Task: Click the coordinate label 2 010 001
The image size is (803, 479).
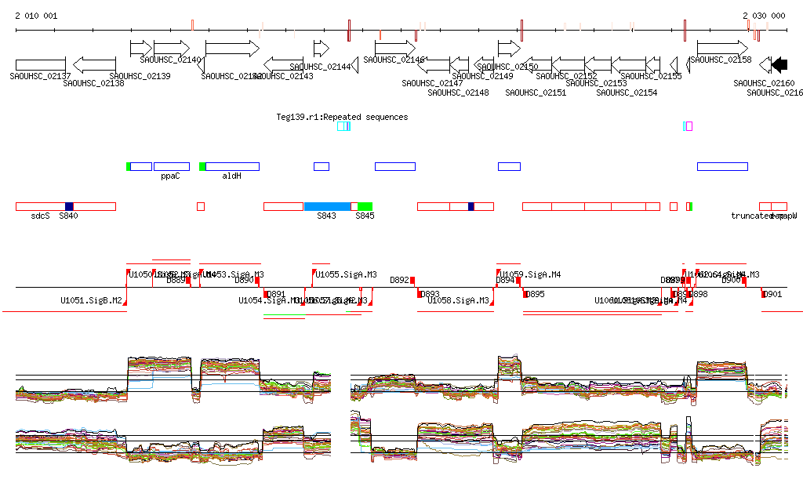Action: coord(36,16)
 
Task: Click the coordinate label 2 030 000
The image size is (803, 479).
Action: coord(764,16)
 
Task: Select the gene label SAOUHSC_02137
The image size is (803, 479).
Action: coord(40,76)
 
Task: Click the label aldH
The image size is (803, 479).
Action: coord(231,176)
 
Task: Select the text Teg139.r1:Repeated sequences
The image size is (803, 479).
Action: coord(342,117)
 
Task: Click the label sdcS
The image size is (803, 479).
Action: coord(41,216)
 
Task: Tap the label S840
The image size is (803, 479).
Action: coord(69,216)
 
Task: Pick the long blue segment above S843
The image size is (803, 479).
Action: coord(327,206)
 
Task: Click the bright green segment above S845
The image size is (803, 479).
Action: coord(365,206)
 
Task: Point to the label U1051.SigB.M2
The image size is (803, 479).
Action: coord(91,300)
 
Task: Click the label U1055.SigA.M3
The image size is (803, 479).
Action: coord(345,274)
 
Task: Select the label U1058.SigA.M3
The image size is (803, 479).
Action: coord(459,300)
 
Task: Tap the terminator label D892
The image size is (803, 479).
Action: coord(400,280)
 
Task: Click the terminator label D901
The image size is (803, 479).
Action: coord(773,295)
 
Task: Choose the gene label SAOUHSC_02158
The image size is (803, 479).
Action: coord(721,60)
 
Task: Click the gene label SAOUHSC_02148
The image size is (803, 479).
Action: coord(459,93)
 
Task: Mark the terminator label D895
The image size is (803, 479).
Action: coord(536,295)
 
